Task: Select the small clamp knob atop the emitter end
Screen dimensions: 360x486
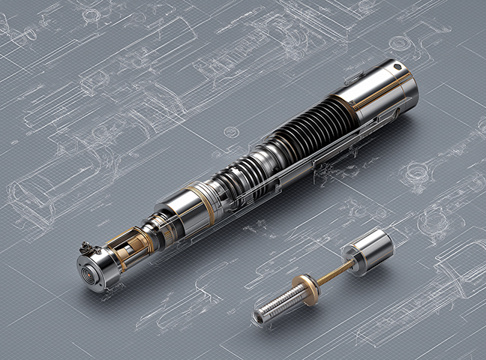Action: [x=86, y=246]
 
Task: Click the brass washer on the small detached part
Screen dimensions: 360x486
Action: [x=305, y=284]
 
